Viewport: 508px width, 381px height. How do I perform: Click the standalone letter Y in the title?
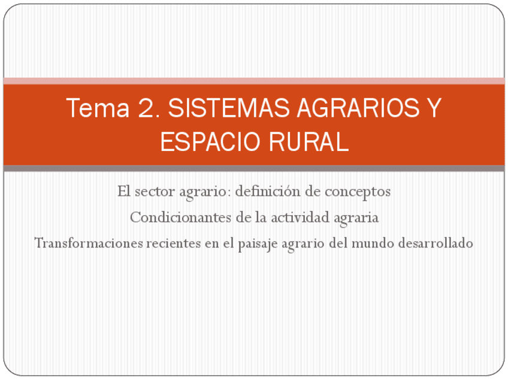[434, 108]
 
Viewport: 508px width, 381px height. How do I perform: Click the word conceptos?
[357, 192]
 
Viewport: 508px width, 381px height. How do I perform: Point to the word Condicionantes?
[180, 217]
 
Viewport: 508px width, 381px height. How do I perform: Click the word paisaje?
[234, 244]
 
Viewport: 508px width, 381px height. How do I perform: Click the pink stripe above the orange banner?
[254, 81]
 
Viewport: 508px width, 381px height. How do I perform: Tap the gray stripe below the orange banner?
[254, 168]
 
